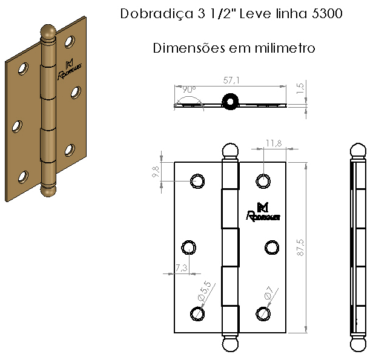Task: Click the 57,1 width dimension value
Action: pos(231,80)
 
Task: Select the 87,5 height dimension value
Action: pos(300,247)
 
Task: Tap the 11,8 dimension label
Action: pos(274,143)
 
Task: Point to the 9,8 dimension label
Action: pos(156,172)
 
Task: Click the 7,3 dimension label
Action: pos(181,267)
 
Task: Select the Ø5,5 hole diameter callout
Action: pos(205,291)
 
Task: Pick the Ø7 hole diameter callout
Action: pos(269,293)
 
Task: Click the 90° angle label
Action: pos(189,90)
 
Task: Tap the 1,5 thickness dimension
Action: pos(300,88)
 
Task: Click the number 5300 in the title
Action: pos(327,13)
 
